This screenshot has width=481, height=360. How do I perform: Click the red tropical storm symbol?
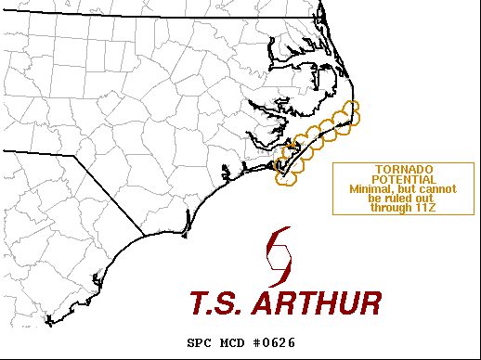tap(279, 258)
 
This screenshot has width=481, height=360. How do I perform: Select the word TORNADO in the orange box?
tap(396, 169)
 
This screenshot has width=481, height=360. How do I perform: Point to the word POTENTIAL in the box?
tap(396, 179)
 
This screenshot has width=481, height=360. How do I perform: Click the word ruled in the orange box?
tap(396, 199)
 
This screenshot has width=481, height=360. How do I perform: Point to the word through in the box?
tap(389, 208)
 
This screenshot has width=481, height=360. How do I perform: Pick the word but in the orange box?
tap(400, 189)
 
